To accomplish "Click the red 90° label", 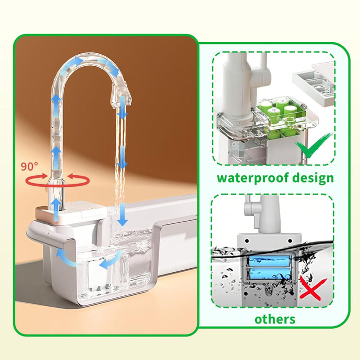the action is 29,166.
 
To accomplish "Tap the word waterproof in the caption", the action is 249,178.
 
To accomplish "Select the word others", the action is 275,319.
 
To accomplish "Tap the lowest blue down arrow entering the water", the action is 123,214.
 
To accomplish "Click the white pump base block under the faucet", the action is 71,211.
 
